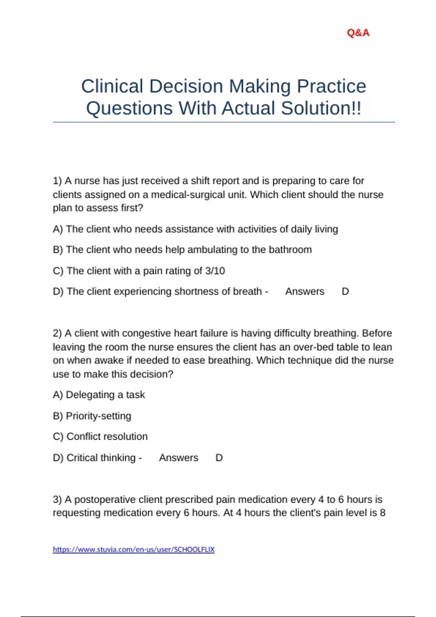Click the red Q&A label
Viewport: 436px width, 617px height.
[358, 33]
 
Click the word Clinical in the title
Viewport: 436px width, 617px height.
[112, 86]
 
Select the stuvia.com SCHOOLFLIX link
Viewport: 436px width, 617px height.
[134, 549]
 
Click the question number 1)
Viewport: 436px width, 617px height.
[57, 181]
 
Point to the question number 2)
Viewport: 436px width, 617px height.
[57, 333]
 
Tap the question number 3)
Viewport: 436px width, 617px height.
[57, 499]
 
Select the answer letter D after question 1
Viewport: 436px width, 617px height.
[345, 291]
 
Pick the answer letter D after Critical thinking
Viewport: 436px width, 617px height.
[219, 458]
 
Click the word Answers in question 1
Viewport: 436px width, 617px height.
[304, 291]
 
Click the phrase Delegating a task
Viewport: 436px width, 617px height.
[105, 395]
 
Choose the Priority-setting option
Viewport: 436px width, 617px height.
[98, 416]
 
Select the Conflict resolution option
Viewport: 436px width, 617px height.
[107, 437]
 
